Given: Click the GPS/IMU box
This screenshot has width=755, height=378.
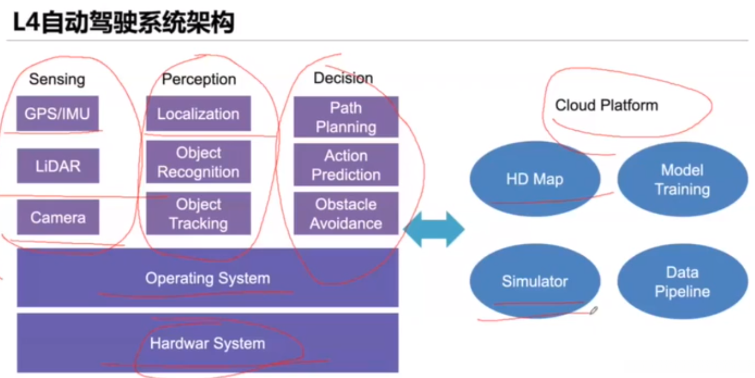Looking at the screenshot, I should click(58, 114).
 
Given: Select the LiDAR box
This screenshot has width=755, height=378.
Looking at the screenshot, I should click(58, 166).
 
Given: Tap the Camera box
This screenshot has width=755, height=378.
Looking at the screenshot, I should click(58, 217).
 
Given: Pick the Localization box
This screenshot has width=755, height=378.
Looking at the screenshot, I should click(198, 114).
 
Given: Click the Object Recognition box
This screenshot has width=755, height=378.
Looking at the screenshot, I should click(198, 162).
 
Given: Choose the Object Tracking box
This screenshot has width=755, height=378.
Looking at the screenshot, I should click(198, 214).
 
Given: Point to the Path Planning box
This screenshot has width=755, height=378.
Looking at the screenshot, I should click(346, 117).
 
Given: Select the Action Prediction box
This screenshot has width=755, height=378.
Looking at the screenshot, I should click(346, 164).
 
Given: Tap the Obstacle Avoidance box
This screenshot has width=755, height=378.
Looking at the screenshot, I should click(346, 214).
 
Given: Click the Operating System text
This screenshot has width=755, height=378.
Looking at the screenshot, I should click(207, 279).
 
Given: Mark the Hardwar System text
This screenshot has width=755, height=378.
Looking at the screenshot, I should click(207, 344).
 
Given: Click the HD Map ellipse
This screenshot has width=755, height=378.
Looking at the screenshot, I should click(535, 179).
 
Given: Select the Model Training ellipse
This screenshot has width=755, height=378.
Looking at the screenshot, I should click(682, 179).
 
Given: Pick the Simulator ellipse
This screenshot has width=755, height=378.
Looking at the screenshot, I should click(535, 282).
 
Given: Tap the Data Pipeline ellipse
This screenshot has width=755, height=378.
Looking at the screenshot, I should click(682, 282).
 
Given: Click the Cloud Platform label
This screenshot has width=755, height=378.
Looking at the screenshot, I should click(607, 106).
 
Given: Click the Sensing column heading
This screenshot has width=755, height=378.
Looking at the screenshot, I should click(57, 79).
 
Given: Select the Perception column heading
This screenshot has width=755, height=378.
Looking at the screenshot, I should click(199, 79).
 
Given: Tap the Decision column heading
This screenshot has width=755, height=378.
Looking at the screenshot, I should click(343, 78).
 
